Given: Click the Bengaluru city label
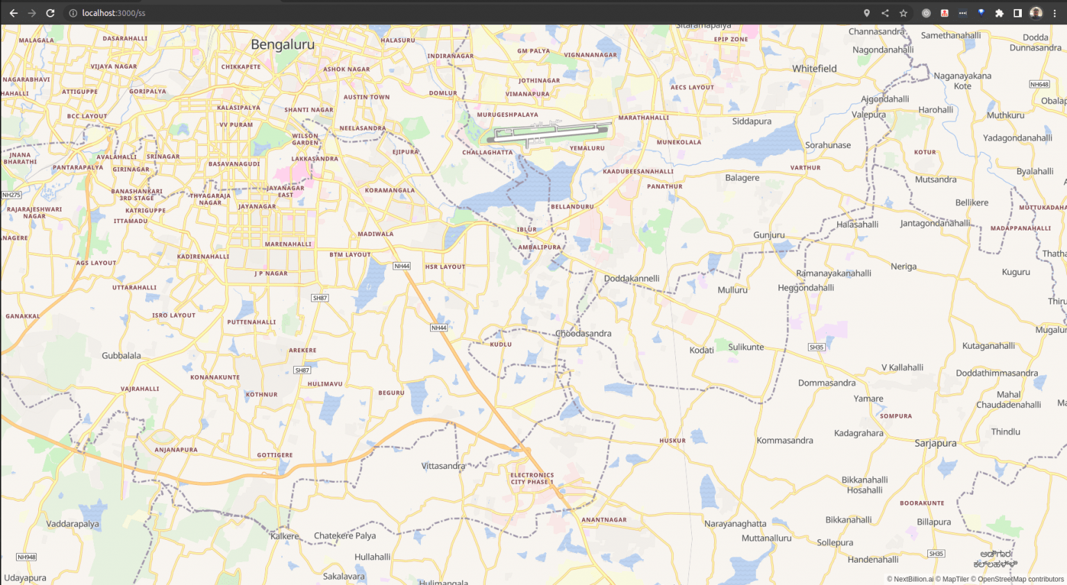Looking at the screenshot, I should pos(282,44).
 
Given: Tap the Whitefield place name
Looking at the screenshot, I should pos(814,69).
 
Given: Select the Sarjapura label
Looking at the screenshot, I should pos(935,443).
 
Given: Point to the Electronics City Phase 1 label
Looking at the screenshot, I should pos(532,479).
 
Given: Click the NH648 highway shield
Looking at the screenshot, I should pos(1039,85).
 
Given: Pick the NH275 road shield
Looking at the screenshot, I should pos(11,195).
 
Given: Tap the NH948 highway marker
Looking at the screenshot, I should pos(26,557).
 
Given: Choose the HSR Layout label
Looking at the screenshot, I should pos(445,267).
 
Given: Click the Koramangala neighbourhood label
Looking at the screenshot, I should pos(390,190).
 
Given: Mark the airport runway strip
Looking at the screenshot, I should pos(549,131).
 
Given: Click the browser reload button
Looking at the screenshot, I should pos(50,13).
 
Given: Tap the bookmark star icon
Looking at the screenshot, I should pos(903,13).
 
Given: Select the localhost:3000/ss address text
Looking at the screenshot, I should pos(113,13).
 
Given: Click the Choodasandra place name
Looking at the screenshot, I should pos(584,333).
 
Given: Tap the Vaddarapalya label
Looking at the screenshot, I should pos(72,524).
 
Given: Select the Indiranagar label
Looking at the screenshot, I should pos(450,56).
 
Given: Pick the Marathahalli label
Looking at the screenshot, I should pos(643,118).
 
